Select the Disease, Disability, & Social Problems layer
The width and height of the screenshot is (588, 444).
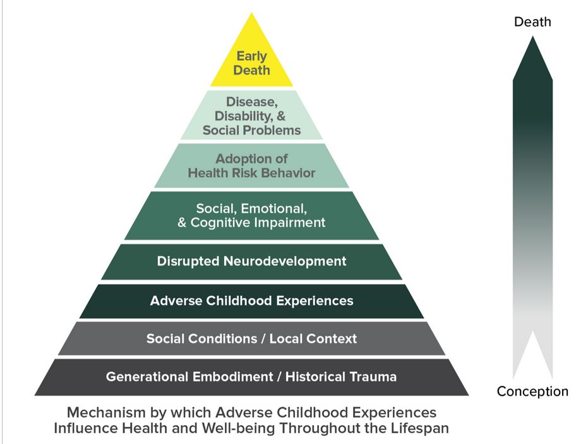click(x=251, y=115)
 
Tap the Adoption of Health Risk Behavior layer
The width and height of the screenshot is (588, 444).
click(x=251, y=166)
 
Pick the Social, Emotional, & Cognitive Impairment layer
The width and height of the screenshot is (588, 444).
click(x=251, y=215)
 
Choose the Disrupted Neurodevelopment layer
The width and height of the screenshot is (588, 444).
click(x=251, y=261)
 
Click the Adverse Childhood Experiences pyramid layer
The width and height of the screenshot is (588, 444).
click(x=251, y=300)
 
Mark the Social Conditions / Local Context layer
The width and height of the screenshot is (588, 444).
click(x=251, y=338)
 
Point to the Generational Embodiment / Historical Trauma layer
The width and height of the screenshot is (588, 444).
click(x=251, y=377)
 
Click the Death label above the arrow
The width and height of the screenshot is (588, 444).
click(x=532, y=22)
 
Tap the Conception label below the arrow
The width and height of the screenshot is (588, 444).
click(x=532, y=392)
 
